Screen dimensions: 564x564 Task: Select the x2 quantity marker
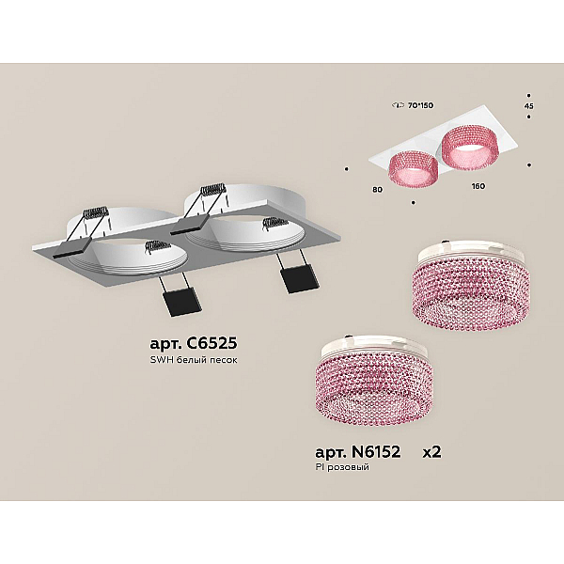pyautogui.click(x=431, y=452)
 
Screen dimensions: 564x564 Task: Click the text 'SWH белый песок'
pyautogui.click(x=194, y=360)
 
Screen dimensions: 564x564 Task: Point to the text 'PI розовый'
pyautogui.click(x=342, y=467)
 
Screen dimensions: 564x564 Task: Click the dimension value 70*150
pyautogui.click(x=420, y=105)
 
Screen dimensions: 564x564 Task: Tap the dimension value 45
pyautogui.click(x=529, y=106)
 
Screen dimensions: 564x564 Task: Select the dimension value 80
pyautogui.click(x=377, y=190)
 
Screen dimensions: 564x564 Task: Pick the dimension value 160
pyautogui.click(x=478, y=186)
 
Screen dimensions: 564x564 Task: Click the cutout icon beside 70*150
pyautogui.click(x=398, y=105)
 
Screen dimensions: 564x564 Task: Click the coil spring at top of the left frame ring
pyautogui.click(x=95, y=212)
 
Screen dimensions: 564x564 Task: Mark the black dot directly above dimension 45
pyautogui.click(x=528, y=96)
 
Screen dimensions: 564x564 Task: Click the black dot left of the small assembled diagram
pyautogui.click(x=347, y=168)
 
